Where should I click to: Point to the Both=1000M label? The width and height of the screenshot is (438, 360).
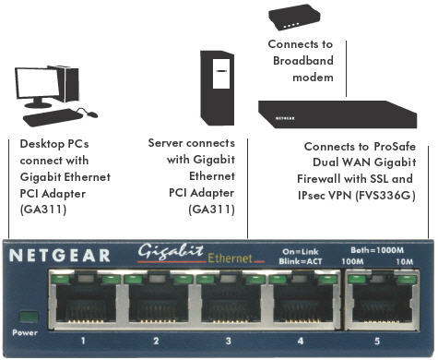coord(378,247)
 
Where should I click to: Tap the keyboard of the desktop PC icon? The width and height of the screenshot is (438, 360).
coord(49,119)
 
